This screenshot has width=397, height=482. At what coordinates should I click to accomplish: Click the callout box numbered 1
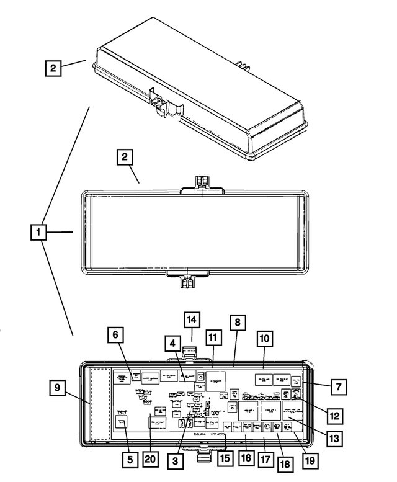coord(38,233)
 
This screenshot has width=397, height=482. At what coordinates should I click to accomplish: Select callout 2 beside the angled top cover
coord(53,67)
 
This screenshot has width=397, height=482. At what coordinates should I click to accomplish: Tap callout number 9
coord(58,389)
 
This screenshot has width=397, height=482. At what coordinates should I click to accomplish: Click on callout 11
coord(213,338)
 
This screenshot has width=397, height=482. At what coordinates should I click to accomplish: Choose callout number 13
coord(334,438)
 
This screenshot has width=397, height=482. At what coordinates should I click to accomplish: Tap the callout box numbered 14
coord(192,319)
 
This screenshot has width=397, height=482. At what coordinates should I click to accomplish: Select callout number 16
coord(246,458)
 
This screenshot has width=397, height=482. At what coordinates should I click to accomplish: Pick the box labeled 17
coord(266,461)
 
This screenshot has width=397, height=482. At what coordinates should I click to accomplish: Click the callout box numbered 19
coord(310,461)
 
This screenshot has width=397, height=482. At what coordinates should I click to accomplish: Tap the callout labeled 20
coord(150,460)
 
